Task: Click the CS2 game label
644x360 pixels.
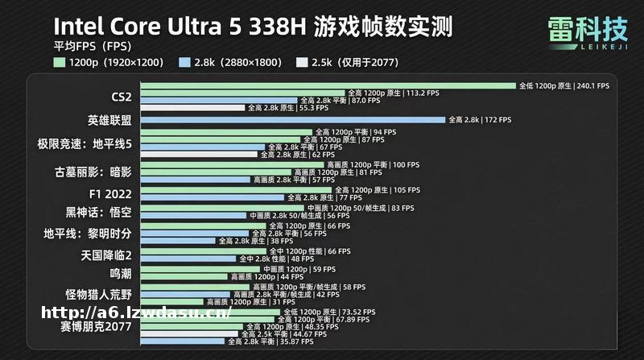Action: pyautogui.click(x=121, y=97)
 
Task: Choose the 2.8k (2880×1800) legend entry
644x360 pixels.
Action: pyautogui.click(x=233, y=61)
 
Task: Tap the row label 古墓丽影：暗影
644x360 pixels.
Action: pyautogui.click(x=92, y=172)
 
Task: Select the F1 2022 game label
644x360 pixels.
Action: pyautogui.click(x=109, y=193)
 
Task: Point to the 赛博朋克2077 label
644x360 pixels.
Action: pyautogui.click(x=95, y=327)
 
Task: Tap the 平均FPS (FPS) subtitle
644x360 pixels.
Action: pyautogui.click(x=87, y=45)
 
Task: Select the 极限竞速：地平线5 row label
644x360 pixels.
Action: pyautogui.click(x=84, y=143)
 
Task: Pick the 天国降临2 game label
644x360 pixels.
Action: pyautogui.click(x=105, y=254)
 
